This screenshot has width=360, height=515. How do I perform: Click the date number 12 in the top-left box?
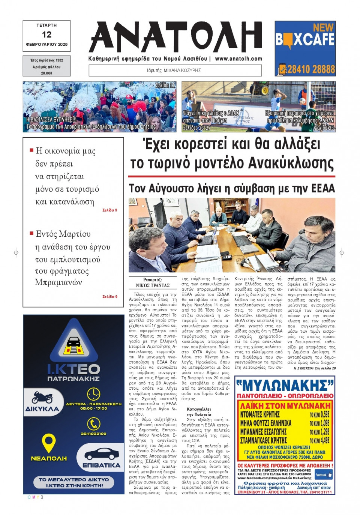click(46, 35)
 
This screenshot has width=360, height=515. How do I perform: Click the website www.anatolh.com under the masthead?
click(238, 59)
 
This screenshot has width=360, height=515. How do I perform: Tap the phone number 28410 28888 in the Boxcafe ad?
click(310, 69)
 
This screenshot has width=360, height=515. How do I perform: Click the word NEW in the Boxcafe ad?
click(323, 27)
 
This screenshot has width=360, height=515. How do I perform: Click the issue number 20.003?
click(46, 73)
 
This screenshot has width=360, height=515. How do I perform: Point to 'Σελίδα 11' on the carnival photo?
click(165, 86)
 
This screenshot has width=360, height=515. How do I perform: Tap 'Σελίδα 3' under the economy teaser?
click(110, 210)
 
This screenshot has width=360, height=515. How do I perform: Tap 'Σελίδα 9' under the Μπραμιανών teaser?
click(110, 297)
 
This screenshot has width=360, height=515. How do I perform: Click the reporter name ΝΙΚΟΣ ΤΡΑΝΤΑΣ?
click(153, 285)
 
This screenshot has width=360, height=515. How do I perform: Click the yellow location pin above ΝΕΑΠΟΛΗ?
click(48, 443)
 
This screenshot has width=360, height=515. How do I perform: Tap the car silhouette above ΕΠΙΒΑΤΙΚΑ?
click(101, 454)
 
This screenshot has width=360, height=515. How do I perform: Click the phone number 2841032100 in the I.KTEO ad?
click(93, 434)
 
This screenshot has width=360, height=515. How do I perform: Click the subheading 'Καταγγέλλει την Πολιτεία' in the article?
click(199, 412)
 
